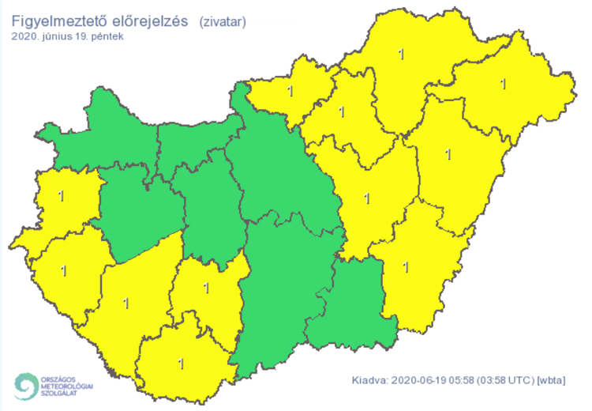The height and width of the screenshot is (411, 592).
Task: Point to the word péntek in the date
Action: [107, 36]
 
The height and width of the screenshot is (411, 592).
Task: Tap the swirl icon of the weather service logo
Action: [24, 386]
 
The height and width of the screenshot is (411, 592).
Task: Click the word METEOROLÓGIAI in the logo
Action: [66, 386]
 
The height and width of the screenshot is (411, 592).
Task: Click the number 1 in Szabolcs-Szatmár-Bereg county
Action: [504, 82]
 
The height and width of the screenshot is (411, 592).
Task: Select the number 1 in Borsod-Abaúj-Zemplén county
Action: [402, 55]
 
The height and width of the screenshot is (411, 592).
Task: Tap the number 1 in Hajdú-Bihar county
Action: [448, 153]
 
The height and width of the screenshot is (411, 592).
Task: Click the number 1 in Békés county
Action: [406, 266]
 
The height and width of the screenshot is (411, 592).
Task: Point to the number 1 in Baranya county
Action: [181, 364]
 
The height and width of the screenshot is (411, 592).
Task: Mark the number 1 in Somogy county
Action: [126, 301]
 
